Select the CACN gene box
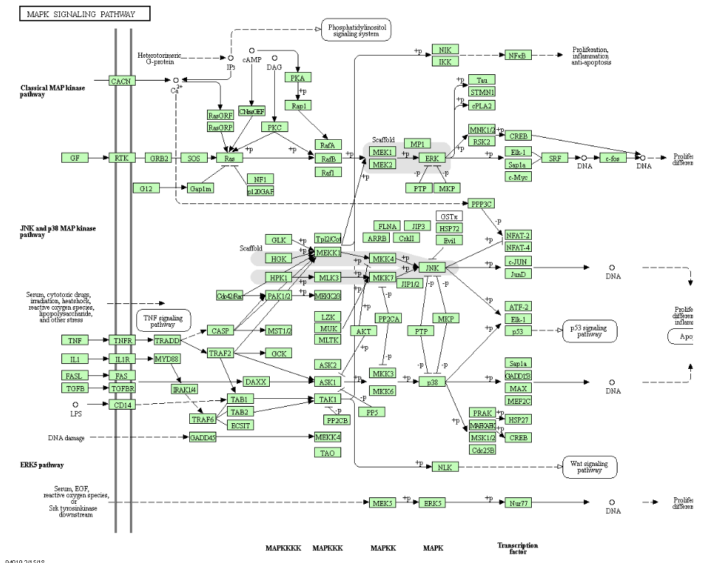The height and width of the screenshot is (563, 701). click(x=121, y=81)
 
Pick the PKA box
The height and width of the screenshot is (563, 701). click(x=298, y=77)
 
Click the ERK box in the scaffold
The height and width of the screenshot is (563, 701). click(x=431, y=158)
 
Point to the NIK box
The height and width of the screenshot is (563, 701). click(x=445, y=49)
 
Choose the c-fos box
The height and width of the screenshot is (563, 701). click(x=612, y=158)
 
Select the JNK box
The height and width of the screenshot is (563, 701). click(x=431, y=268)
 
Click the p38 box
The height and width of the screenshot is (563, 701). click(x=432, y=382)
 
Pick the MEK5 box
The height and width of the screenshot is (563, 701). click(x=383, y=503)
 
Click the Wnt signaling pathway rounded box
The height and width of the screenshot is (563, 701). click(x=590, y=467)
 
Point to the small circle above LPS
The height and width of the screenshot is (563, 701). click(x=76, y=405)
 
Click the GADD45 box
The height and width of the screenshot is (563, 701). click(x=203, y=437)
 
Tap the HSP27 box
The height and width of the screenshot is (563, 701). click(x=518, y=420)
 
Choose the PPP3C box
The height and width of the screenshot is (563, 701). click(x=482, y=203)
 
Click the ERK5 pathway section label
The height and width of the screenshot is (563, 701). click(x=42, y=465)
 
